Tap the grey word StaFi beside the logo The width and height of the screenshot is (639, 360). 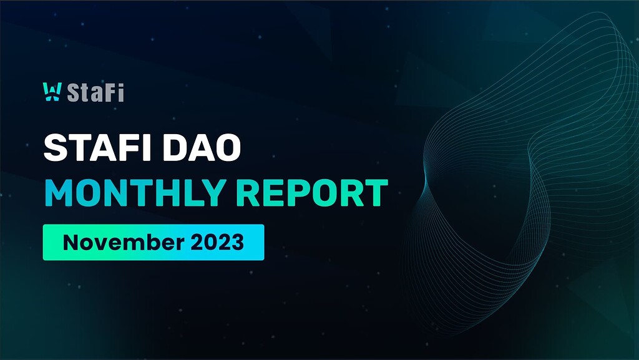(x=95, y=92)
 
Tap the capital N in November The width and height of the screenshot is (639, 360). (x=70, y=242)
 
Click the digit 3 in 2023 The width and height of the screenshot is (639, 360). (x=236, y=242)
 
